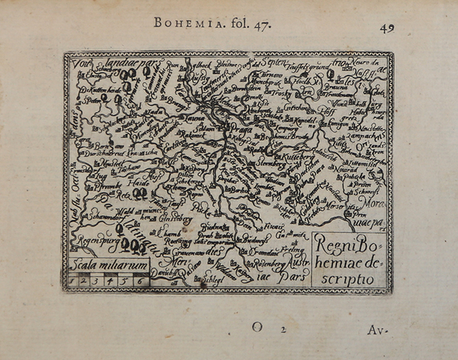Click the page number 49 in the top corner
tap(388, 28)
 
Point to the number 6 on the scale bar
tap(139, 281)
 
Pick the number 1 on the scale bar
tap(73, 281)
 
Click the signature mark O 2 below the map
tap(267, 326)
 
